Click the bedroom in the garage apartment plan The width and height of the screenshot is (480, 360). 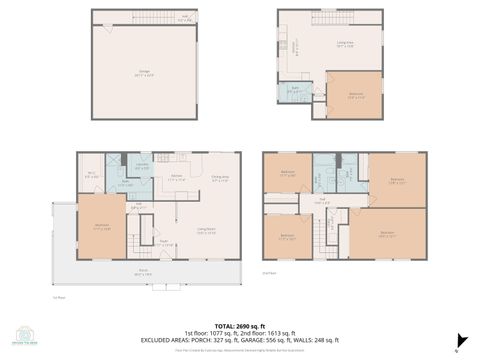(x=354, y=95)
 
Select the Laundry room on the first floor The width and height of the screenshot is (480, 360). (x=142, y=167)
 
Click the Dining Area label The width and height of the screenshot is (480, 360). (x=219, y=180)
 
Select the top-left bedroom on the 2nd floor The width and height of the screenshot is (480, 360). (x=288, y=173)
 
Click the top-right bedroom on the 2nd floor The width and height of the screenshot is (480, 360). (x=398, y=180)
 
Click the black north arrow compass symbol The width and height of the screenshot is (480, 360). (x=458, y=340)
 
